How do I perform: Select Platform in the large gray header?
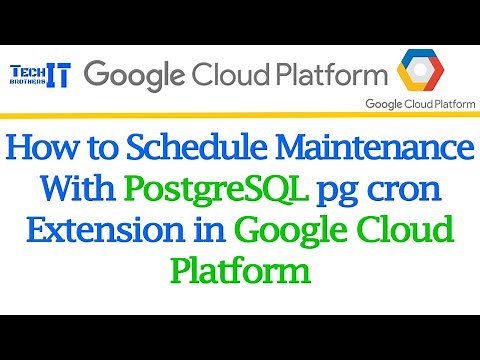(x=333, y=75)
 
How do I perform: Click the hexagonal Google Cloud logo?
(x=425, y=72)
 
